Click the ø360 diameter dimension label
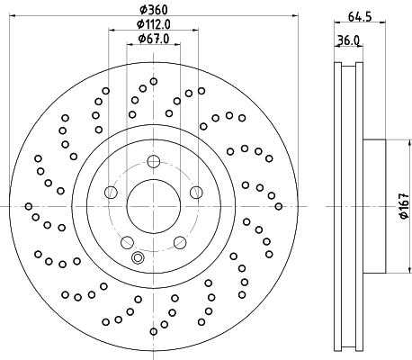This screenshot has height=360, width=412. [x=153, y=11]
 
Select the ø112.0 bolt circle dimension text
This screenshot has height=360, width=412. [x=154, y=26]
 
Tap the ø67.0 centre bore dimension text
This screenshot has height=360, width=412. [x=154, y=41]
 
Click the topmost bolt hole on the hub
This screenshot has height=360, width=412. [x=153, y=162]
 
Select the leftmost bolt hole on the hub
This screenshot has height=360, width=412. [x=111, y=192]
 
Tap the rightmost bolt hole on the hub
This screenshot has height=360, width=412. [x=196, y=192]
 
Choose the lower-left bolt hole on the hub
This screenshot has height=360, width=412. [x=127, y=241]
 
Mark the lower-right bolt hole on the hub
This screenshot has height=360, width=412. [x=179, y=241]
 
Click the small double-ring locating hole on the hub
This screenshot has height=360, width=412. [x=138, y=258]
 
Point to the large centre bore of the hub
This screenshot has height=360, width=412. [x=153, y=206]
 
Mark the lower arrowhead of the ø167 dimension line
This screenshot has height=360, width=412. [x=395, y=272]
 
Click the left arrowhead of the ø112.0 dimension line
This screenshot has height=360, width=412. [x=112, y=34]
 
